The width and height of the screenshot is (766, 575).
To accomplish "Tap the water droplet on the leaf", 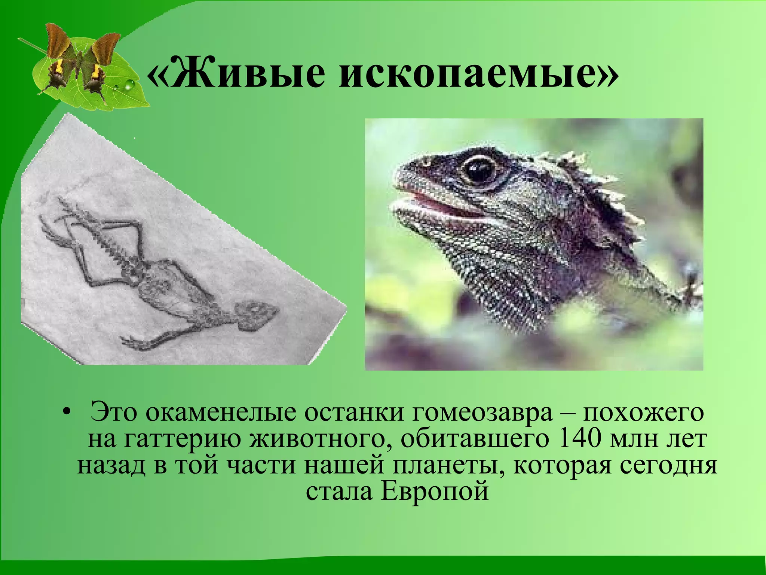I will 129,85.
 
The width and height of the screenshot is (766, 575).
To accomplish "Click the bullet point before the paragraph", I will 66,413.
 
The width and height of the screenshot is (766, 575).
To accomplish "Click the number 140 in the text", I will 578,440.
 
